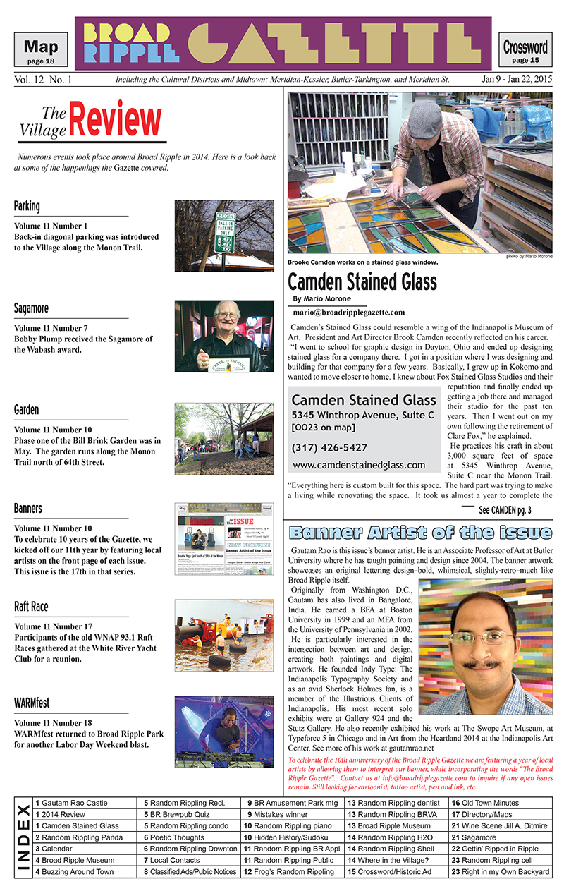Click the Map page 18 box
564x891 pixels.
[41, 51]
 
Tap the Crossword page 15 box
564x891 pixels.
[525, 51]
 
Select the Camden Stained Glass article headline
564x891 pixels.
[362, 281]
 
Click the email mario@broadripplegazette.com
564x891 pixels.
[349, 312]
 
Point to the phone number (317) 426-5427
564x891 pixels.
[329, 448]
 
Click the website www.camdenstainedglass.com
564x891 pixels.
[358, 465]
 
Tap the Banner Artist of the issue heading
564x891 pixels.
[421, 532]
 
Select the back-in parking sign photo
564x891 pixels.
[224, 236]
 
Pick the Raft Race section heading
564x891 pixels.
[31, 607]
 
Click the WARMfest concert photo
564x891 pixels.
[224, 732]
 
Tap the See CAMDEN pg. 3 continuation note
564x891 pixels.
[505, 510]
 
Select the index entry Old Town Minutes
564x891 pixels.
[490, 803]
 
